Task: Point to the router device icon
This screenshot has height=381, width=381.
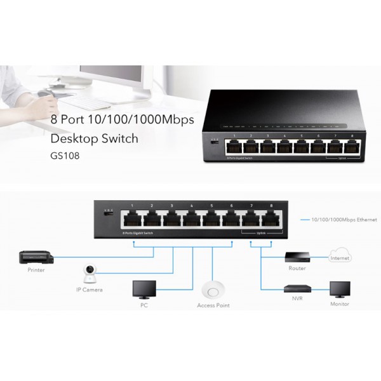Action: (x=297, y=257)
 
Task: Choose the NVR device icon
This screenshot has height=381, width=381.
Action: (x=297, y=290)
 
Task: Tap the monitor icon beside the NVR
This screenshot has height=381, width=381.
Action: (x=340, y=289)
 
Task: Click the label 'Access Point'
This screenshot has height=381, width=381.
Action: (x=213, y=306)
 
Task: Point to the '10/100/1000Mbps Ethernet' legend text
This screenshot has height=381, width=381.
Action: (x=344, y=220)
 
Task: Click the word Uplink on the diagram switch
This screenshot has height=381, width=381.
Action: (x=260, y=233)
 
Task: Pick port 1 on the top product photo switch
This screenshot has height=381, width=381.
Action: (x=236, y=147)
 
